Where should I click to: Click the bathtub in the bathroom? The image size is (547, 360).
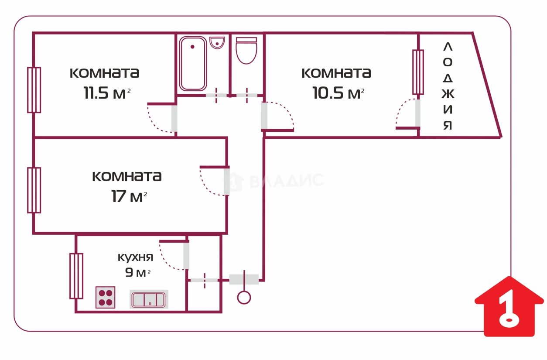pyautogui.click(x=192, y=64)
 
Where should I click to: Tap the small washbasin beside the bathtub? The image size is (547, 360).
pyautogui.click(x=217, y=42)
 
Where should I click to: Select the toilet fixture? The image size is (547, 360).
pyautogui.click(x=246, y=51)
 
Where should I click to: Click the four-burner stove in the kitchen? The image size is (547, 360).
pyautogui.click(x=105, y=297)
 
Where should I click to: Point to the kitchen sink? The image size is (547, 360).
pyautogui.click(x=149, y=299)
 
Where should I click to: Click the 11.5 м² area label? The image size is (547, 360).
pyautogui.click(x=107, y=93)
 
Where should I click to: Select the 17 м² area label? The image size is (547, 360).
pyautogui.click(x=129, y=196)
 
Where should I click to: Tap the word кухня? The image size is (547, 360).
pyautogui.click(x=136, y=257)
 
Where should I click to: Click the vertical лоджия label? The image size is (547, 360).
pyautogui.click(x=448, y=86)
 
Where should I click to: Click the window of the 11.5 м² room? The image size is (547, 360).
pyautogui.click(x=34, y=90)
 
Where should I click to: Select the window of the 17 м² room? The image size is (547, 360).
pyautogui.click(x=34, y=190)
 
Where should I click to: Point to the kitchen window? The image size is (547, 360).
pyautogui.click(x=76, y=276)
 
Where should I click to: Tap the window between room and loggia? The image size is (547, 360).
pyautogui.click(x=418, y=72)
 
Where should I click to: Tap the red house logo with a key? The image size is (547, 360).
pyautogui.click(x=509, y=307)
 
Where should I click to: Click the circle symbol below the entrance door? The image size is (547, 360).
pyautogui.click(x=244, y=298)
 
